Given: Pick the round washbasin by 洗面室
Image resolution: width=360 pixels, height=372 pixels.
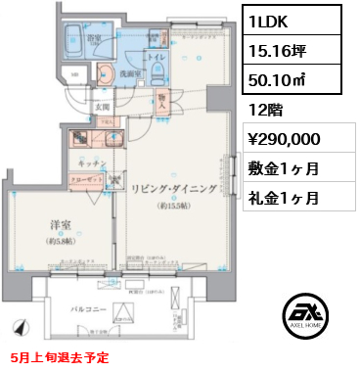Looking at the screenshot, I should pos(108,71).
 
